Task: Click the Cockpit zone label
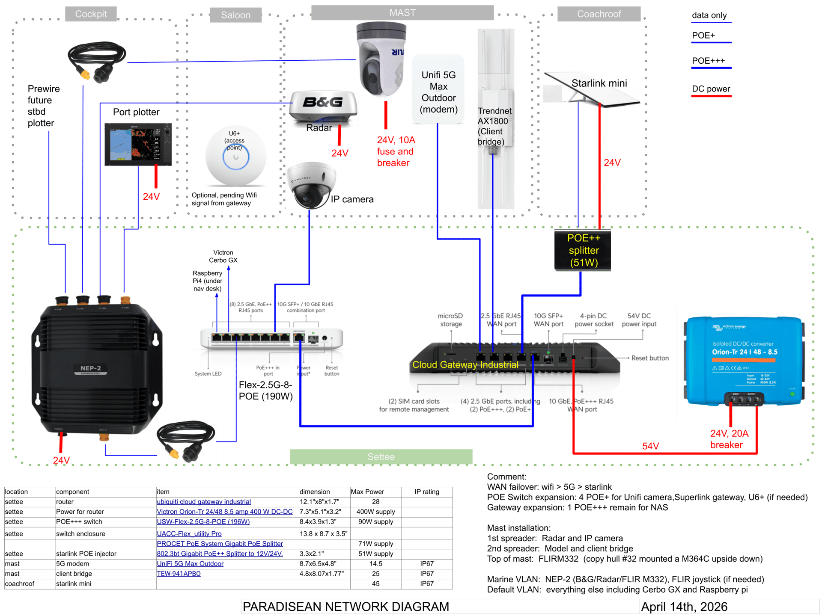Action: pos(91,14)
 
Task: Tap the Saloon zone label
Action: pos(235,15)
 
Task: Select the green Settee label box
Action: pos(381,456)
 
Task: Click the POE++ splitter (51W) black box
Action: pos(583,251)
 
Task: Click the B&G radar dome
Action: pos(323,107)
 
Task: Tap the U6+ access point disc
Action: pos(235,156)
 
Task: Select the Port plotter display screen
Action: pos(138,145)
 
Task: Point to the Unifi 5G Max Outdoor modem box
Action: pos(438,89)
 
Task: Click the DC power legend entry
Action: pos(711,89)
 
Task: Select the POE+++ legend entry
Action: pos(709,61)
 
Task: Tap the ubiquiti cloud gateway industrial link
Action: pos(204,502)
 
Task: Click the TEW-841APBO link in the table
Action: pos(179,574)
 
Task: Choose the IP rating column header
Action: pos(426,492)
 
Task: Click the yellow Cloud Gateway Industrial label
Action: pos(465,365)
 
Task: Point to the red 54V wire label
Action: pos(650,446)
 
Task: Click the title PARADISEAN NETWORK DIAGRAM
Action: pos(346,607)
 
